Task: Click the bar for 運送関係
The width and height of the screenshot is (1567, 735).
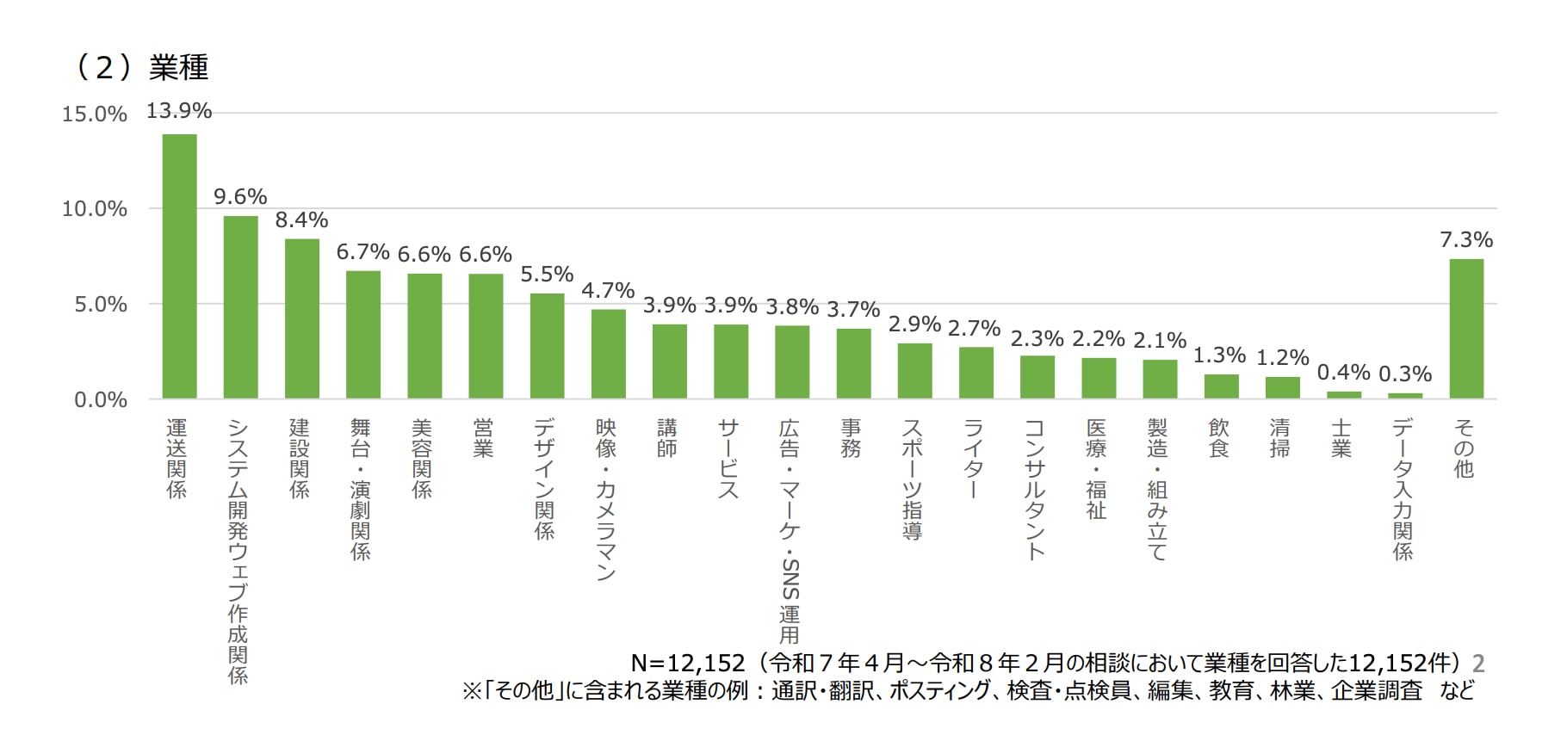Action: point(179,266)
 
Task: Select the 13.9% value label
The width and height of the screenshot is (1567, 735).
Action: point(179,111)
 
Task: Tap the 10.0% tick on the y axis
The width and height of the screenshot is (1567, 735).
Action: point(95,209)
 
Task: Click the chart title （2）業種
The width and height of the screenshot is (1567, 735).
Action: point(143,67)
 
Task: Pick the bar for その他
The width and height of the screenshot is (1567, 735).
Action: point(1465,329)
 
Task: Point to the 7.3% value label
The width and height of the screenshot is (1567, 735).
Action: point(1465,240)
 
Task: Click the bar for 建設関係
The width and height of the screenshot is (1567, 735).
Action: point(302,318)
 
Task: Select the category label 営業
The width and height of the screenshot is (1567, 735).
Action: point(484,438)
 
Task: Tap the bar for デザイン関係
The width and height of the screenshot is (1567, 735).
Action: point(547,346)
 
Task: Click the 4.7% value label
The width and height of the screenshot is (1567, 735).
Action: point(608,291)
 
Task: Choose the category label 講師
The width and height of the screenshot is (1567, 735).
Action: point(667,438)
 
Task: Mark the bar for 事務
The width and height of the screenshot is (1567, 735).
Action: point(853,363)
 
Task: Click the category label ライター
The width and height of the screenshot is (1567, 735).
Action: point(974,459)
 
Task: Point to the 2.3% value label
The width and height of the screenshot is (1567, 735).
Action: point(1037,339)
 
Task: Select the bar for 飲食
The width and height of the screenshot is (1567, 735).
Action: point(1221,386)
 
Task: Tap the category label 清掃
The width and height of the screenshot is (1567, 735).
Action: point(1280,438)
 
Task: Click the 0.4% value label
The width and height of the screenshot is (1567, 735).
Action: point(1343,373)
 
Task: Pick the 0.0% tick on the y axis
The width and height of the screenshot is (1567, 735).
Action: point(101,400)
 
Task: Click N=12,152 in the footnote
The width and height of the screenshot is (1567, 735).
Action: point(687,663)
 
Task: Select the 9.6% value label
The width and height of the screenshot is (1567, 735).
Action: point(240,197)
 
